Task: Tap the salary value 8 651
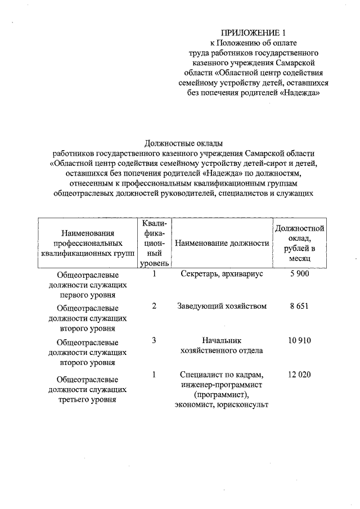[x=300, y=307]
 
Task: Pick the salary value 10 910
[x=300, y=341]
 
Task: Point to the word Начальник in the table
[x=222, y=341]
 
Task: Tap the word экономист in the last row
[x=195, y=405]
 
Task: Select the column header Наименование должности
[x=222, y=243]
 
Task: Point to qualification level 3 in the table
[x=154, y=341]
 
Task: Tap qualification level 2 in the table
[x=154, y=307]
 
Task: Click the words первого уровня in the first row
[x=89, y=294]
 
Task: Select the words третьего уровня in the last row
[x=89, y=399]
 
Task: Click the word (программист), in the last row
[x=222, y=395]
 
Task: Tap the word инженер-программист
[x=222, y=385]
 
